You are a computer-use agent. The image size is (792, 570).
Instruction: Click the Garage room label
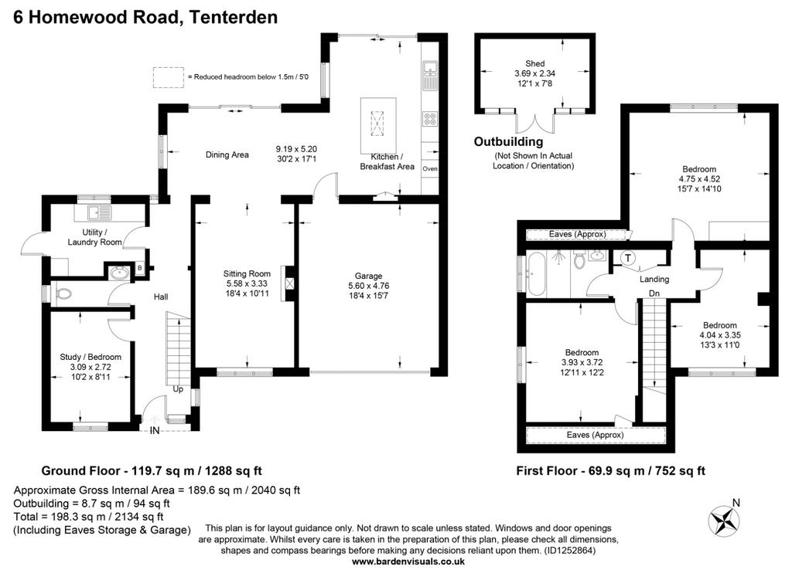pyautogui.click(x=368, y=276)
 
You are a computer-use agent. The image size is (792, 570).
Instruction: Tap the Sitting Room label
pyautogui.click(x=247, y=274)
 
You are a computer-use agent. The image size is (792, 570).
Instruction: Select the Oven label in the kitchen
pyautogui.click(x=430, y=168)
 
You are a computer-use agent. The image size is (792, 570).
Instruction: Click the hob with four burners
pyautogui.click(x=430, y=119)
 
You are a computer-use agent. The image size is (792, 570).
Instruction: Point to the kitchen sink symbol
pyautogui.click(x=430, y=75)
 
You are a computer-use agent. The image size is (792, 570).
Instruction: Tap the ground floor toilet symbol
pyautogui.click(x=62, y=295)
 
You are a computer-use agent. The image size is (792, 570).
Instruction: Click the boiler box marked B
pyautogui.click(x=139, y=268)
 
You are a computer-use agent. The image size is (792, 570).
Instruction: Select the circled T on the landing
pyautogui.click(x=628, y=258)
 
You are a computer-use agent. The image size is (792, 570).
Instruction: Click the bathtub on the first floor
pyautogui.click(x=536, y=274)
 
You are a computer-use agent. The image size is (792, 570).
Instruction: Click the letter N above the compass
pyautogui.click(x=736, y=502)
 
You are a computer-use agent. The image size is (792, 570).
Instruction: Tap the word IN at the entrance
pyautogui.click(x=155, y=430)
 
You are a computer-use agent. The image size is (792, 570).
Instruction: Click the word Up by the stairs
pyautogui.click(x=179, y=389)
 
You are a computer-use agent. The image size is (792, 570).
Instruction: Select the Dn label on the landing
pyautogui.click(x=654, y=293)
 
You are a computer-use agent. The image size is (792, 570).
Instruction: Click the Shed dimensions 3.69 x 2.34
pyautogui.click(x=535, y=73)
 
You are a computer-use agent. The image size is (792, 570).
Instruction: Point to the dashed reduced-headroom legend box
pyautogui.click(x=169, y=77)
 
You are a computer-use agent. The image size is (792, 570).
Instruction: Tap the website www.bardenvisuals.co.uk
pyautogui.click(x=408, y=562)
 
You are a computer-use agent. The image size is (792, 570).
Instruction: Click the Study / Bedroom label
pyautogui.click(x=90, y=357)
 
